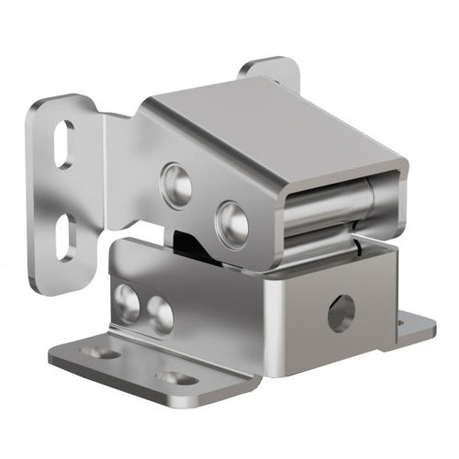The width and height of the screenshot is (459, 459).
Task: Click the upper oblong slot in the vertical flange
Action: [x=64, y=144]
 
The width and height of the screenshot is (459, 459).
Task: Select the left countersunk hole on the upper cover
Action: [x=176, y=182]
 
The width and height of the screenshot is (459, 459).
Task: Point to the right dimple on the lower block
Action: [x=160, y=316]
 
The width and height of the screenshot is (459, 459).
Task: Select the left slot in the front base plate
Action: [x=100, y=352]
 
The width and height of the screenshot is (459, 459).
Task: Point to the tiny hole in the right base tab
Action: [x=400, y=320]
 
